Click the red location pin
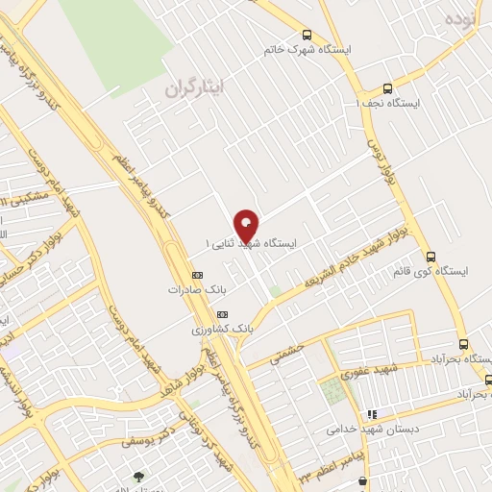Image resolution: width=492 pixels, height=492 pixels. [x=247, y=225]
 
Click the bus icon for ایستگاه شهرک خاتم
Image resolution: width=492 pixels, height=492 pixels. [x=307, y=35]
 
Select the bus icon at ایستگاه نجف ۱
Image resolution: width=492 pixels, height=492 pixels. [x=387, y=87]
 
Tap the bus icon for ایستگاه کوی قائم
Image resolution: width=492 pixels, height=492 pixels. [x=430, y=258]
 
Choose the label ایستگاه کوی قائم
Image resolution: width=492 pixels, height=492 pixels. [x=429, y=272]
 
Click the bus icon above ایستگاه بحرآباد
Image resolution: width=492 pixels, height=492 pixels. [x=463, y=344]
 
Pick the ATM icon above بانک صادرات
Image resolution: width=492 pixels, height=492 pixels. [x=197, y=274]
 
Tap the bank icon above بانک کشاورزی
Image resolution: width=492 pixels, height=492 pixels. [x=222, y=314]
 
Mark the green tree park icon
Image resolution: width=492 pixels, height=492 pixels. [x=139, y=476]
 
